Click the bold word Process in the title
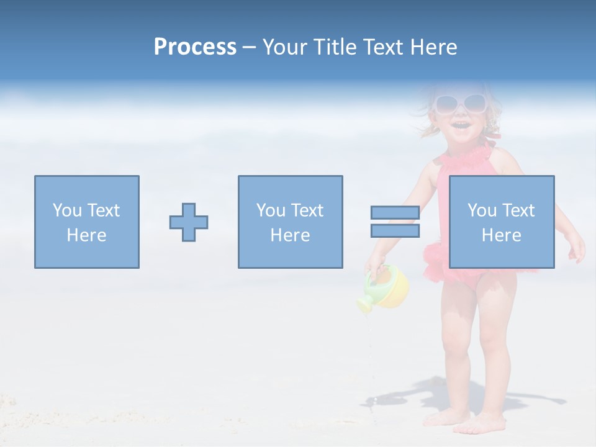coord(195,47)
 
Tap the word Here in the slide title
coord(433,47)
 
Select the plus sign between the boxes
coord(189,222)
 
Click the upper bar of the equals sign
coord(395,213)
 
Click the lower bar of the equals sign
coord(395,231)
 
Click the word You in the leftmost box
coord(67,210)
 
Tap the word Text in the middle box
coord(307,210)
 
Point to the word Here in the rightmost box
coord(501,235)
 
